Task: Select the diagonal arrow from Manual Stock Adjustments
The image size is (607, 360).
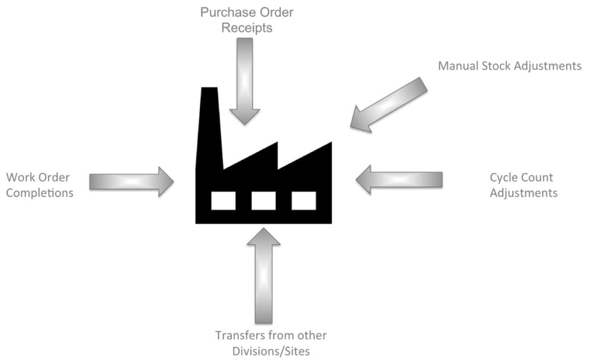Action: pos(388,104)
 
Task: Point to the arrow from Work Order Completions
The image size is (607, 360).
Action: pos(131,181)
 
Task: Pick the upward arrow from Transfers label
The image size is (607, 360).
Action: pos(264,273)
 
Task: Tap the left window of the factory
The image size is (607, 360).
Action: pos(223,200)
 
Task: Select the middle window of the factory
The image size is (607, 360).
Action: pos(263,200)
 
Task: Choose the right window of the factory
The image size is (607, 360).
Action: pos(303,200)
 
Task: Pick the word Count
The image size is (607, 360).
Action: pos(538,177)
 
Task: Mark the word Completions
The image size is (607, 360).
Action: pos(39,193)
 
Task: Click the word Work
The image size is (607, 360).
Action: pos(20,177)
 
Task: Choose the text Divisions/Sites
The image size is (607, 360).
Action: pos(270,351)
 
